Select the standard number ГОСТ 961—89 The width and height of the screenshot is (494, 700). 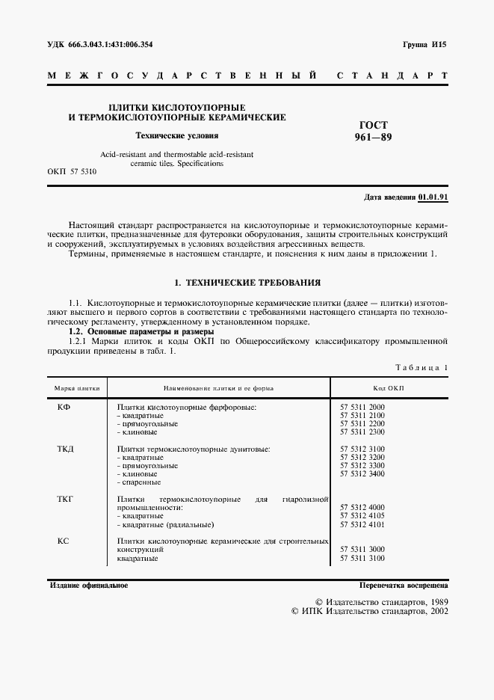point(374,132)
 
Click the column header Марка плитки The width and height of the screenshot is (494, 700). point(78,389)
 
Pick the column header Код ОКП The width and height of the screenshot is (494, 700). point(389,389)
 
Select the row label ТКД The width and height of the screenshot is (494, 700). point(66,448)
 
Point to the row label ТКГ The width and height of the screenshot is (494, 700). point(66,498)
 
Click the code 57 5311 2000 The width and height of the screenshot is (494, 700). point(362,407)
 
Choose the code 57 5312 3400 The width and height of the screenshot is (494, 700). point(362,474)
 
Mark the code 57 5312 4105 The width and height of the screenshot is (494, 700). point(362,516)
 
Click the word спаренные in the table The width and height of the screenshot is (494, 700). point(141,482)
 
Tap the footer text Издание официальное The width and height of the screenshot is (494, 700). point(89,585)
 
